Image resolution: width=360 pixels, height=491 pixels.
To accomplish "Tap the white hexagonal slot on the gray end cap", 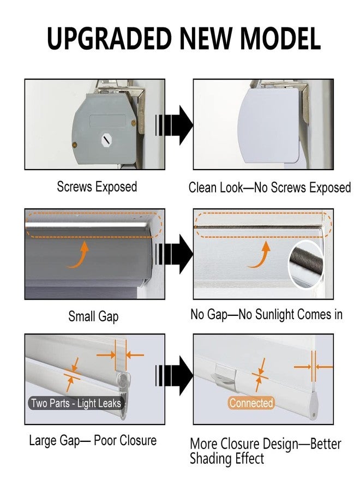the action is tap(107, 140).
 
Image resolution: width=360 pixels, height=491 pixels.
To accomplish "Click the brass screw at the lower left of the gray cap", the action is tap(75, 145).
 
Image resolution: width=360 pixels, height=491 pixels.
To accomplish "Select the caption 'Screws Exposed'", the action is tap(97, 187).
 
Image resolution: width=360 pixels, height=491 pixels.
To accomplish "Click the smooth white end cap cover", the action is tap(268, 125).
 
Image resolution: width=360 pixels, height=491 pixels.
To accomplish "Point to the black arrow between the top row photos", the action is tap(174, 125).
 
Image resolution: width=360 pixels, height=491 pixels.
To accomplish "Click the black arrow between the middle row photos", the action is tap(174, 254).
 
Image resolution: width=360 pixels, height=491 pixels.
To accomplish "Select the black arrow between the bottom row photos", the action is tap(174, 375).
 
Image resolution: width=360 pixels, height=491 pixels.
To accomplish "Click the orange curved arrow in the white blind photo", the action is tap(260, 255).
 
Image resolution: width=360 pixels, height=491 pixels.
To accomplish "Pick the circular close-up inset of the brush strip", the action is tap(307, 264).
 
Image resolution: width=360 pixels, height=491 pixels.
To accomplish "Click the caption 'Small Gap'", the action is tap(93, 316).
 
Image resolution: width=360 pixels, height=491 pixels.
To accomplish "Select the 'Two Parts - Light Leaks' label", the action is tap(76, 403).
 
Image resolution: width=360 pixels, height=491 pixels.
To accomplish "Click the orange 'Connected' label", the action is tap(251, 403).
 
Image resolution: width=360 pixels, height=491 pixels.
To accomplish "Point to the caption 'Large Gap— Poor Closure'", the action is tap(93, 440).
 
